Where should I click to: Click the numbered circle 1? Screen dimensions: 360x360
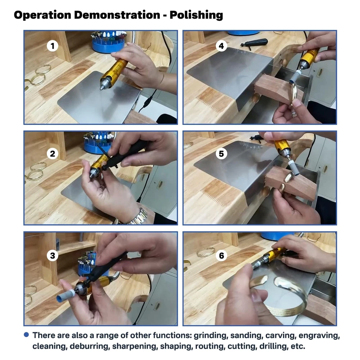pos(53,46)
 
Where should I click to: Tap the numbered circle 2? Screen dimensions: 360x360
pos(53,154)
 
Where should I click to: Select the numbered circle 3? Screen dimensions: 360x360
pos(53,256)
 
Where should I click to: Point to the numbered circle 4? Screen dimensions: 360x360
pos(221,46)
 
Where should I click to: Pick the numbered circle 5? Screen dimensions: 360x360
pos(221,154)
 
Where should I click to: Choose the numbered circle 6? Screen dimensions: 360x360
pos(221,256)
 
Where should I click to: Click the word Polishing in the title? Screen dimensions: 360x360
pos(196,15)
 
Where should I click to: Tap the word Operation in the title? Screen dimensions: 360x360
pos(42,15)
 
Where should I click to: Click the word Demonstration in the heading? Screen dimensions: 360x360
pos(117,15)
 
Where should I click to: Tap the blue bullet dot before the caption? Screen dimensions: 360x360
pos(26,335)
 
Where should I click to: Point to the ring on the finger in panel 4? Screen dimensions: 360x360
pos(294,114)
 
